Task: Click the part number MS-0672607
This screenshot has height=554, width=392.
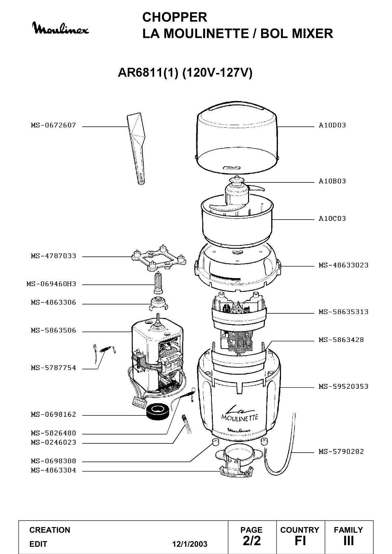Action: click(x=53, y=125)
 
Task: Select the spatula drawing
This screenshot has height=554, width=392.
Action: click(x=136, y=149)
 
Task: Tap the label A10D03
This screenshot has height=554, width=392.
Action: click(x=332, y=125)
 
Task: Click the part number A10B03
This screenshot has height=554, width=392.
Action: click(x=332, y=181)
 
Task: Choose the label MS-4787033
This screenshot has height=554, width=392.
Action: click(x=53, y=256)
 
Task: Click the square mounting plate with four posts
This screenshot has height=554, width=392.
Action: click(x=159, y=258)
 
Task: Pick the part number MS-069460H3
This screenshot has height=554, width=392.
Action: click(x=51, y=284)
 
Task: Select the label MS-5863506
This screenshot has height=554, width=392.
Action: click(x=53, y=330)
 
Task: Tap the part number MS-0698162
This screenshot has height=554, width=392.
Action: click(x=53, y=414)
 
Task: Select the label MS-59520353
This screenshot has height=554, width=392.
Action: click(x=344, y=386)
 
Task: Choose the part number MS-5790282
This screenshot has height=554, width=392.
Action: click(x=341, y=452)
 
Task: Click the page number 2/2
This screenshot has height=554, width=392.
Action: click(x=251, y=541)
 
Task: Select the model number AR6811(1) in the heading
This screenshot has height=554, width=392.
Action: click(x=148, y=72)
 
